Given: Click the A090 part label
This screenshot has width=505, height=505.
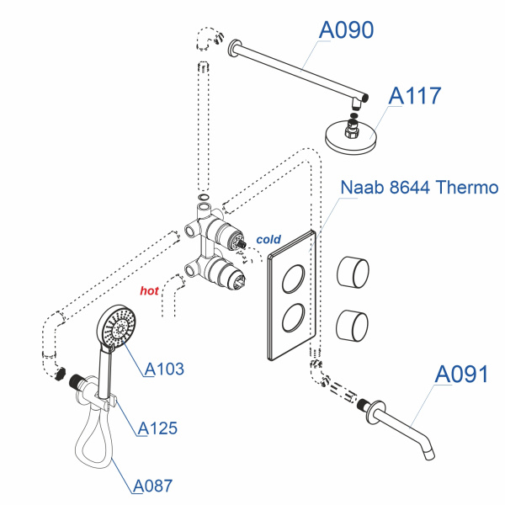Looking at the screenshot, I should [x=346, y=30].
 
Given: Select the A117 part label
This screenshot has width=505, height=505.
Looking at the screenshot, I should [x=414, y=96].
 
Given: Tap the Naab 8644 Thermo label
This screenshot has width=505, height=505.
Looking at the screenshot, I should [x=419, y=187].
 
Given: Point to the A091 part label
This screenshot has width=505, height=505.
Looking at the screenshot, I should [x=461, y=374].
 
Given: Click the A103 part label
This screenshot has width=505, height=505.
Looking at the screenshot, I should [x=164, y=369].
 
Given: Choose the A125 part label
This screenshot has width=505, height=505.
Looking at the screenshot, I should [x=157, y=428].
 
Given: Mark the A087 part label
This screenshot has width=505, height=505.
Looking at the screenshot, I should [x=152, y=486].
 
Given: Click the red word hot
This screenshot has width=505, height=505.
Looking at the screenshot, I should [x=149, y=291].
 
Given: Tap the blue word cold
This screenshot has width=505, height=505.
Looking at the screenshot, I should [x=268, y=240].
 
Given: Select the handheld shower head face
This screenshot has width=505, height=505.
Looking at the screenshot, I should [x=117, y=327].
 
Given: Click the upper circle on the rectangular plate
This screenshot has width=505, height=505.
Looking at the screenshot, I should [x=294, y=278].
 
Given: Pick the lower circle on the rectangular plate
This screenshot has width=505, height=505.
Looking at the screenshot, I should [x=294, y=321].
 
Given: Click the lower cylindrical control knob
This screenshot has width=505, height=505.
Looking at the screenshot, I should [x=353, y=324].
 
